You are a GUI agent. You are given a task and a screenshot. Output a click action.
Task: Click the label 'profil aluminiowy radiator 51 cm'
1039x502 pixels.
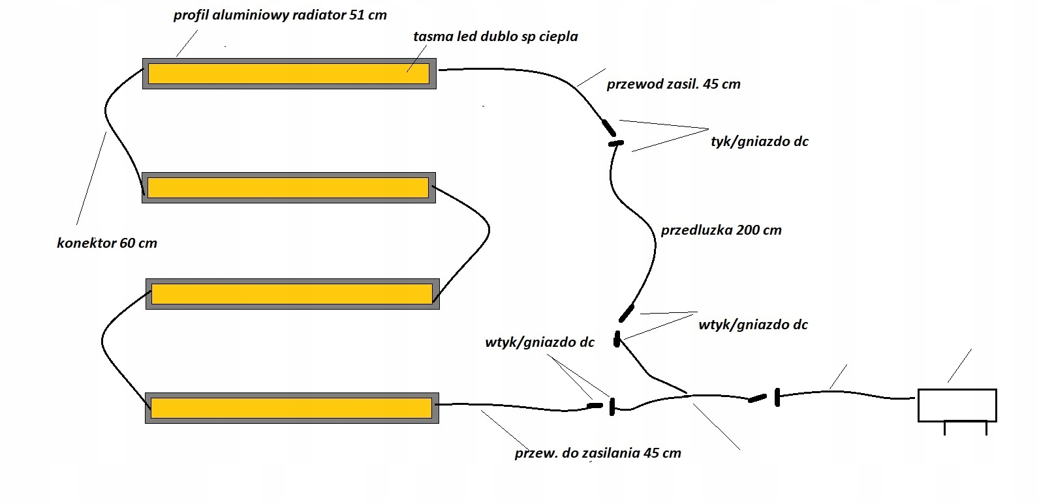click(280, 15)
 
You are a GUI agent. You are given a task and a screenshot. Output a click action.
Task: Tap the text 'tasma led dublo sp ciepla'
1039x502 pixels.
click(495, 37)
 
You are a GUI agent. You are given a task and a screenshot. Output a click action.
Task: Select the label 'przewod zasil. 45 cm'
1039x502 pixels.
click(674, 84)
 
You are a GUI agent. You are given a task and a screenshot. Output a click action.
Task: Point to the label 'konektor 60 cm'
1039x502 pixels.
click(107, 243)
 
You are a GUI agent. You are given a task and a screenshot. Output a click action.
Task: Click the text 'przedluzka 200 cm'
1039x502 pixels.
click(721, 230)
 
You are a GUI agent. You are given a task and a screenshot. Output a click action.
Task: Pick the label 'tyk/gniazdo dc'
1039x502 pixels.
click(760, 141)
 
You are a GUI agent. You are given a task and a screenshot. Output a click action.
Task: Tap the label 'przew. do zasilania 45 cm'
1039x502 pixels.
click(598, 453)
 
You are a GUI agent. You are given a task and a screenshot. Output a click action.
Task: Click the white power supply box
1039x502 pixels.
click(957, 405)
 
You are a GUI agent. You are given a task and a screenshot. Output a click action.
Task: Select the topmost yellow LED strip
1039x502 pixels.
click(288, 73)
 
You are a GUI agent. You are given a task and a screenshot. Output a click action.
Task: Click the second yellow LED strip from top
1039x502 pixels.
click(288, 188)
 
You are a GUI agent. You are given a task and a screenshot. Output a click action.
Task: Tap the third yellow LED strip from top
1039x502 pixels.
click(292, 294)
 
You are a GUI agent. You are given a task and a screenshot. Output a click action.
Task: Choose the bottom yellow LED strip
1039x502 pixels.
click(291, 408)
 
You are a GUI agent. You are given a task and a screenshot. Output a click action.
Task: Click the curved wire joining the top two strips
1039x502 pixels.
click(114, 130)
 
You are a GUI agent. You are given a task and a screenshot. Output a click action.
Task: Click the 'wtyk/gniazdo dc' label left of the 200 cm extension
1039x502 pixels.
click(540, 342)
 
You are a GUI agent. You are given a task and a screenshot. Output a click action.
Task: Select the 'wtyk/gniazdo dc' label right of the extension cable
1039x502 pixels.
click(753, 325)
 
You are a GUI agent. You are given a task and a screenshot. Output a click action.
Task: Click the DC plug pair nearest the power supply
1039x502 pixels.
click(766, 397)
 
